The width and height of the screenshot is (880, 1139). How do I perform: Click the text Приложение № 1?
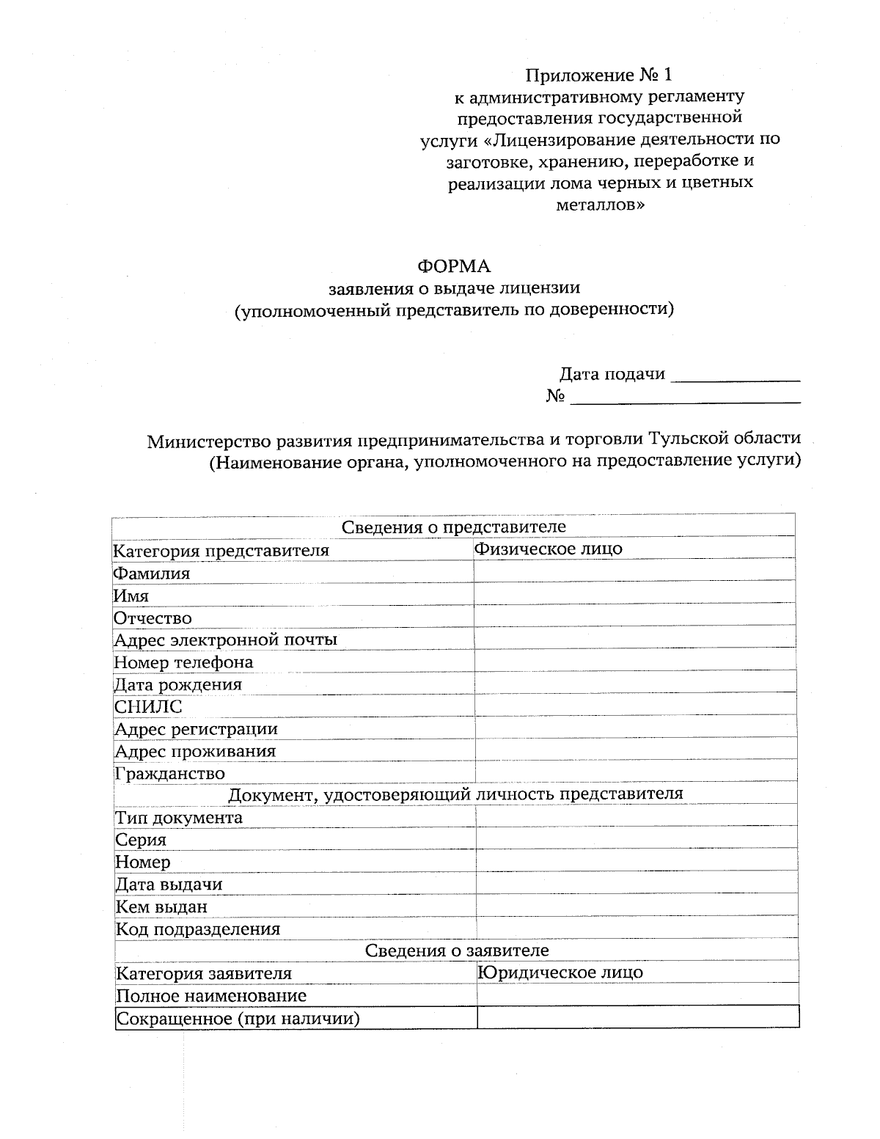[x=598, y=75]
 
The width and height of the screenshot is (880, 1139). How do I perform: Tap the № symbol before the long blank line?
[x=555, y=397]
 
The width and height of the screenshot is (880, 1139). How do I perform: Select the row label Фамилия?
[x=152, y=574]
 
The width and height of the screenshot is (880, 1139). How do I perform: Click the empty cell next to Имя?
[x=634, y=594]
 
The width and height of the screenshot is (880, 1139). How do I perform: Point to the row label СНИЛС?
[x=148, y=707]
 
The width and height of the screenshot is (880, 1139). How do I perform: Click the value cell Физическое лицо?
[x=549, y=549]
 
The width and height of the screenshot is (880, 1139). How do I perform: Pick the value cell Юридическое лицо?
[x=561, y=973]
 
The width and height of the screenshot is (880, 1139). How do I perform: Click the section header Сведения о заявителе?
[x=457, y=951]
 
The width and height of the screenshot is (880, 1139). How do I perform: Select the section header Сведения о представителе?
[x=454, y=527]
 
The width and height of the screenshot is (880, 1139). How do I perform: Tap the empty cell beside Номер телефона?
[x=634, y=661]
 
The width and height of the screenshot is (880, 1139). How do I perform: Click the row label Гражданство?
[x=169, y=774]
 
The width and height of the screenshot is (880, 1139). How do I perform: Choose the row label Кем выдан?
[x=161, y=907]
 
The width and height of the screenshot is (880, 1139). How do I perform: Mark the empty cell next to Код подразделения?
[x=637, y=928]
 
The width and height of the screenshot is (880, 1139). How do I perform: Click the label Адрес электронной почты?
[x=225, y=640]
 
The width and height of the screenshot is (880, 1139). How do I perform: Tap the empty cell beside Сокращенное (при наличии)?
[x=637, y=1017]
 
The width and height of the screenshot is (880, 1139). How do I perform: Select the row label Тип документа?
[x=179, y=818]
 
